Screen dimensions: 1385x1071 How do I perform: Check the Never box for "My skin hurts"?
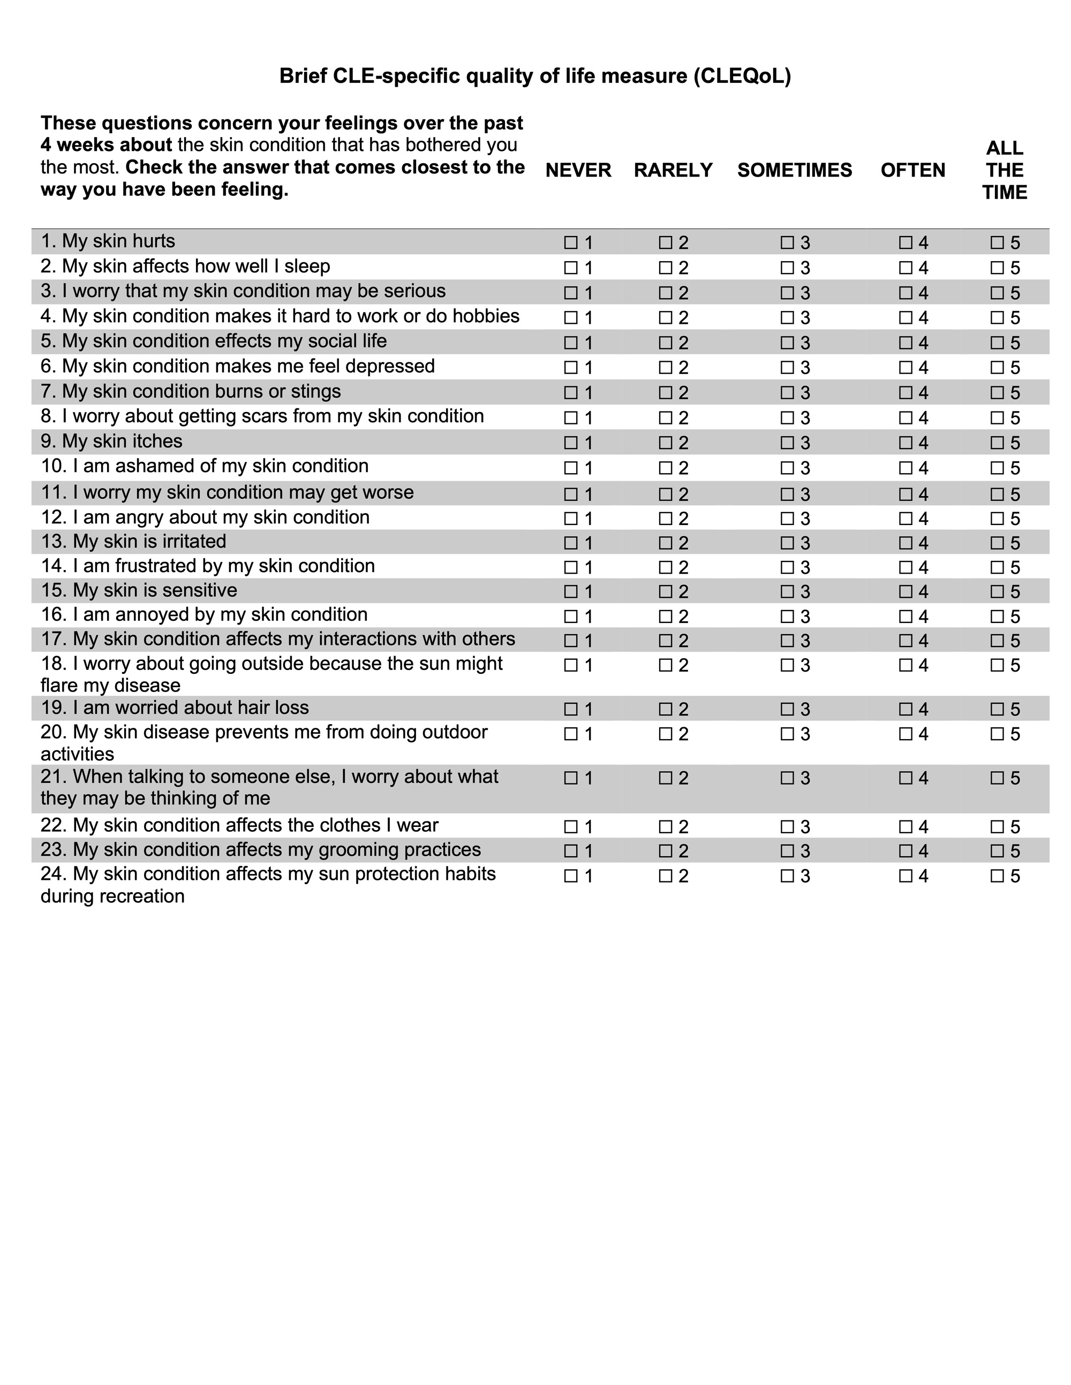tap(570, 242)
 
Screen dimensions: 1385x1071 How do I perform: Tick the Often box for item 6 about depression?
tap(906, 367)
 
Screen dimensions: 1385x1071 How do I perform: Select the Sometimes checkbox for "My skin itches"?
tap(787, 442)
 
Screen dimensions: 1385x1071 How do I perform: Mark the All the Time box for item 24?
tap(997, 876)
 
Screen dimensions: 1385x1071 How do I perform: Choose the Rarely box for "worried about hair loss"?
tap(665, 709)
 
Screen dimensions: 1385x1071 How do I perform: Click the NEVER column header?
tap(578, 170)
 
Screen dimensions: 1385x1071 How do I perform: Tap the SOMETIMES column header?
tap(794, 170)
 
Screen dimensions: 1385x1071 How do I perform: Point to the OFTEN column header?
tap(912, 170)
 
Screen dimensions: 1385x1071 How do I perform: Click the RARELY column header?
tap(673, 170)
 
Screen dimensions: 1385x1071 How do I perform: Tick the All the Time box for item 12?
tap(997, 518)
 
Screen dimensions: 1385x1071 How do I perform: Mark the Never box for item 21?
tap(570, 778)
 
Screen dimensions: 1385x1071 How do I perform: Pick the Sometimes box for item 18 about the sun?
tap(787, 665)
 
